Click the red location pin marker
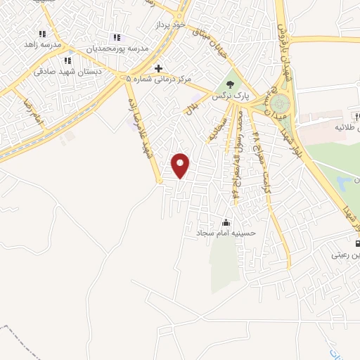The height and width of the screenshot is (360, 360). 181,165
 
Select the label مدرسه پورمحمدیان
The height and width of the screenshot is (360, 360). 117,49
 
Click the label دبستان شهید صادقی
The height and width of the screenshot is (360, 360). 68,71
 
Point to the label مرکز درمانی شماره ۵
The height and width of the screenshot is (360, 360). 162,79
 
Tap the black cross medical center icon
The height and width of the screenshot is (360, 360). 159,68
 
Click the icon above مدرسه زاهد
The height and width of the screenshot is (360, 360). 42,33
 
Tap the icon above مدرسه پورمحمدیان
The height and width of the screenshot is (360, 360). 117,38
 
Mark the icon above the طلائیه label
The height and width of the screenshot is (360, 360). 356,117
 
